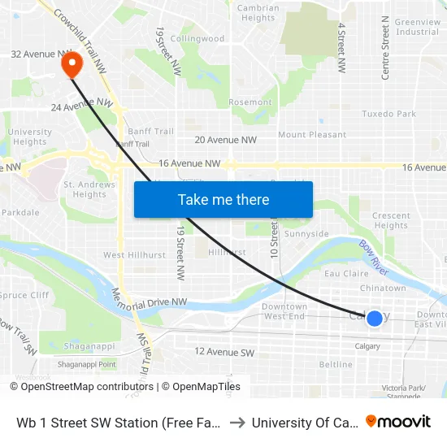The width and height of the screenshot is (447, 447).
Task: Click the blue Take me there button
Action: click(x=223, y=200)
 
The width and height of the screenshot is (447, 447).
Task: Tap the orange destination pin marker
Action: click(x=72, y=63)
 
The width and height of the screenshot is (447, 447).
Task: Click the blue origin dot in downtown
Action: click(x=374, y=319)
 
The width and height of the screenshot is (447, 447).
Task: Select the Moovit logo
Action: click(x=398, y=421)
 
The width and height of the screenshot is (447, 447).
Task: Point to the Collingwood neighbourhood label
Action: click(x=197, y=38)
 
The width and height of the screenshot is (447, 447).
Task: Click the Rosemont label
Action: click(x=250, y=102)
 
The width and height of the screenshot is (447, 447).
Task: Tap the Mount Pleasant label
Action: click(x=312, y=135)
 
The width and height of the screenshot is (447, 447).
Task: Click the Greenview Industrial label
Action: click(x=417, y=27)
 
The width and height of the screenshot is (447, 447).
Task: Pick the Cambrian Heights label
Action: click(x=258, y=13)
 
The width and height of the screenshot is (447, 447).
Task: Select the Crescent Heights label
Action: click(x=391, y=220)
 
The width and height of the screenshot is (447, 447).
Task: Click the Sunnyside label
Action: click(x=306, y=234)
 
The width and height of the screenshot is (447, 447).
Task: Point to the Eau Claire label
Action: click(x=347, y=274)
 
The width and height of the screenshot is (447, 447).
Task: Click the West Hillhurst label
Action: click(x=134, y=255)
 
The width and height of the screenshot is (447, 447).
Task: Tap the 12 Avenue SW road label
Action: click(x=224, y=352)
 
